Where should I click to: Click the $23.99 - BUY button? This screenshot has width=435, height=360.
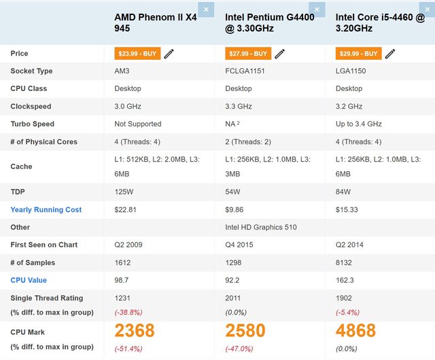137,54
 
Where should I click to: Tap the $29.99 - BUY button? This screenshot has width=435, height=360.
358,54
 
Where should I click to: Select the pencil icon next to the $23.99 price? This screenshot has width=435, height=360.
169,54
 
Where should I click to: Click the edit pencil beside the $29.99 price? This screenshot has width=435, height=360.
390,54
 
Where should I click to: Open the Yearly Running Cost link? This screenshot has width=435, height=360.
46,210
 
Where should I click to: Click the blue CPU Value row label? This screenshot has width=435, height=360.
29,280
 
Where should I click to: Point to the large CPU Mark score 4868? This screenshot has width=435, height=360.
356,331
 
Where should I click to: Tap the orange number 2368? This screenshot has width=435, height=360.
135,331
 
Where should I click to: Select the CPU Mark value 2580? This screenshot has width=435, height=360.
245,331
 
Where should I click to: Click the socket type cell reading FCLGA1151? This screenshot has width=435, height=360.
245,71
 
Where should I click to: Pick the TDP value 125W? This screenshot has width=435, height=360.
124,192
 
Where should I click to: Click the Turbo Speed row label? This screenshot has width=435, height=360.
33,124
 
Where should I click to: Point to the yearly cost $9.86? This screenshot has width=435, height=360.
235,210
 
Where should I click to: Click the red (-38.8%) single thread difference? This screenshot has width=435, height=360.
128,312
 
